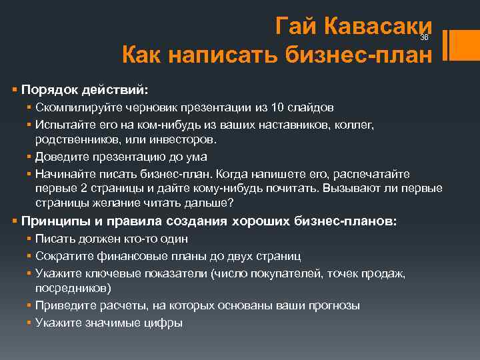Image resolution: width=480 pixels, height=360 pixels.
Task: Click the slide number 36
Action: coord(424,38)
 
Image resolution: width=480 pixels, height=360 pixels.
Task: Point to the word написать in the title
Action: coord(218,55)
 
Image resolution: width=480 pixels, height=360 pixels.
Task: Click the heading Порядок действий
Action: coord(85,89)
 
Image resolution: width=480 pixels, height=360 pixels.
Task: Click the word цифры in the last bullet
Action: coord(165,322)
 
